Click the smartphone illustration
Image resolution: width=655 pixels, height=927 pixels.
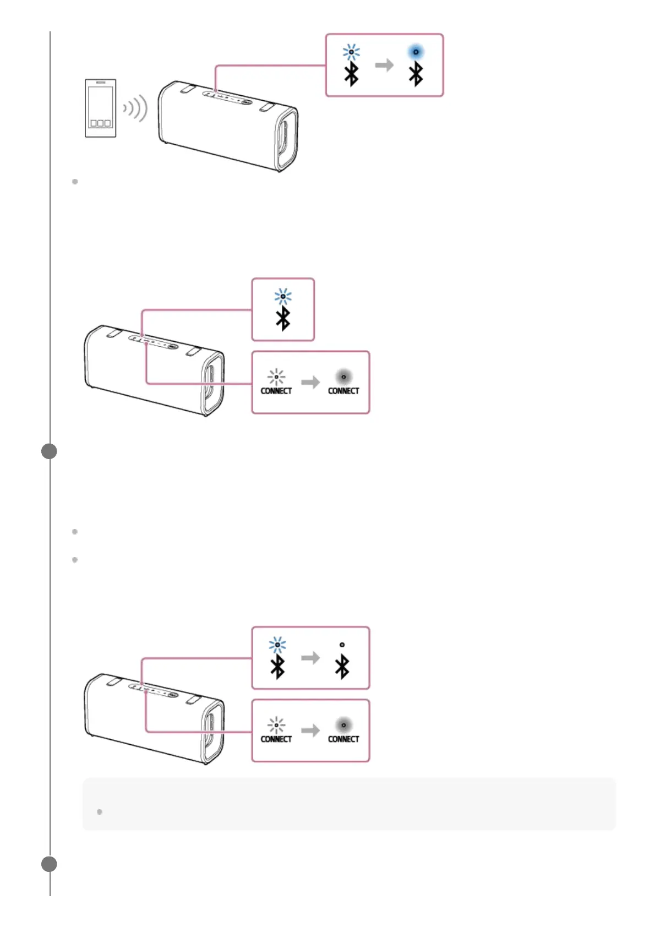[x=100, y=108]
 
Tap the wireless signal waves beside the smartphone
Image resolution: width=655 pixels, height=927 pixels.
[x=136, y=108]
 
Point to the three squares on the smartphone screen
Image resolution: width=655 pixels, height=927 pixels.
[x=100, y=123]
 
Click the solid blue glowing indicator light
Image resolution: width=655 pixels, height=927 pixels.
[x=416, y=52]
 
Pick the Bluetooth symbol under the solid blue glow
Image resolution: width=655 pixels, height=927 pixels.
[x=416, y=74]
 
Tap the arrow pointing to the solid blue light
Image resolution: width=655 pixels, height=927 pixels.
[x=384, y=65]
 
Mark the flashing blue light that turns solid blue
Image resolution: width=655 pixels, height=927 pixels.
[x=351, y=52]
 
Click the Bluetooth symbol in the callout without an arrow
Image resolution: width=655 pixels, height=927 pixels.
[x=283, y=319]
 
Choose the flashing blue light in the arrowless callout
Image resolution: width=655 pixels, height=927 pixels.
[x=283, y=296]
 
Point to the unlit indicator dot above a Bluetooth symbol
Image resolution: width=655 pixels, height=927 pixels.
[x=342, y=645]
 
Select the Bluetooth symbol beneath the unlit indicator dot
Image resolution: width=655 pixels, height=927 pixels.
[x=342, y=667]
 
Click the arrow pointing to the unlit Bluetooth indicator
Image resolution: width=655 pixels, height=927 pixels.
[x=310, y=657]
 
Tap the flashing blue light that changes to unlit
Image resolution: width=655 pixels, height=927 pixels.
[x=277, y=645]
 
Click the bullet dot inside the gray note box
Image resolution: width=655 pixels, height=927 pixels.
[x=100, y=812]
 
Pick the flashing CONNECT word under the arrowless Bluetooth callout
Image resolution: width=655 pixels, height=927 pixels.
[x=276, y=391]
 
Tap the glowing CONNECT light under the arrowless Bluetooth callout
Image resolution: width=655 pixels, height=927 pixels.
[x=343, y=377]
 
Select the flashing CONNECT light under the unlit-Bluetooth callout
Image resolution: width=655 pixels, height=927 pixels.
[x=276, y=725]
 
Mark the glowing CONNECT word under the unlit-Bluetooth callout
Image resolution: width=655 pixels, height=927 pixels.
[x=343, y=739]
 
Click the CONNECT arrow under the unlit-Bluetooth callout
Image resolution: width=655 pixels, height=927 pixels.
[x=310, y=730]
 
